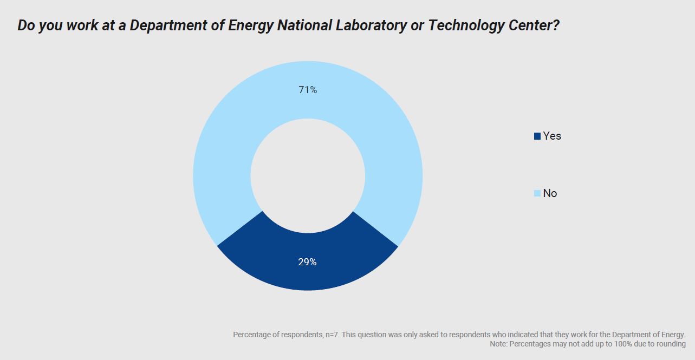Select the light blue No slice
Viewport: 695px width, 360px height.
coord(228,135)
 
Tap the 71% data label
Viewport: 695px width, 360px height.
coord(308,90)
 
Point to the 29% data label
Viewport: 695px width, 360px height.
coord(307,262)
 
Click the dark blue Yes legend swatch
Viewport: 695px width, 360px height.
coord(537,136)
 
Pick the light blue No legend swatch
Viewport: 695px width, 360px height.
coord(537,193)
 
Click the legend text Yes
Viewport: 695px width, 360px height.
coord(552,136)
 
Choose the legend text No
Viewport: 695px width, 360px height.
coord(550,193)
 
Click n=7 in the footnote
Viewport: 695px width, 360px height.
coord(331,335)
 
